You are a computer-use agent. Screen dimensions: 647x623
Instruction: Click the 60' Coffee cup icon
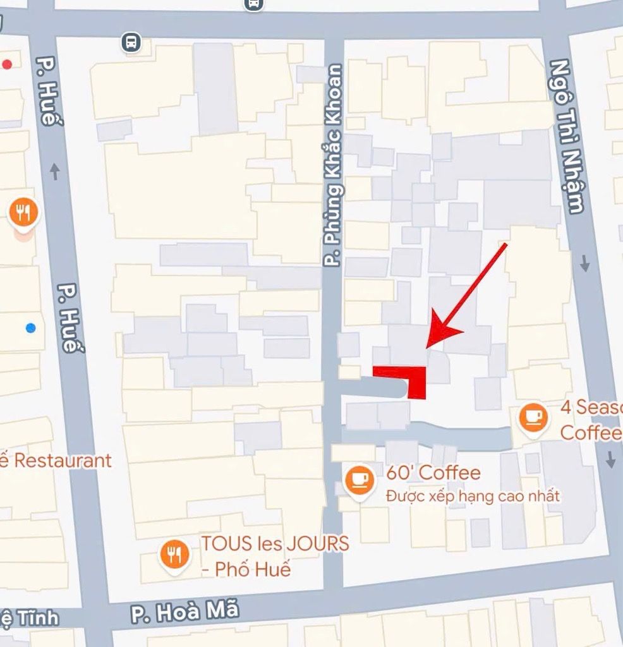click(x=360, y=480)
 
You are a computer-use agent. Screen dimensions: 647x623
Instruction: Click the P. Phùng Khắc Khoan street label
click(x=334, y=166)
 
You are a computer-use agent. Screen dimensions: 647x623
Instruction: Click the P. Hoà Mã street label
click(x=185, y=612)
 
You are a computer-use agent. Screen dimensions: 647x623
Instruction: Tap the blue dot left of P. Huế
click(x=30, y=327)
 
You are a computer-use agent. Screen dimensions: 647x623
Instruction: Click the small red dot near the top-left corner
click(x=8, y=64)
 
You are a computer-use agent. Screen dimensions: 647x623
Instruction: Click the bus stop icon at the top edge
click(x=253, y=4)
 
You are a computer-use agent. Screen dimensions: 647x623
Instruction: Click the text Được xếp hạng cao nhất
click(x=473, y=496)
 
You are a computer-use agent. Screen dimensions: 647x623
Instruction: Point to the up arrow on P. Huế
click(x=55, y=171)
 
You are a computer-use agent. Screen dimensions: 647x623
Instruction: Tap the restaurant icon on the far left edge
click(x=23, y=213)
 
